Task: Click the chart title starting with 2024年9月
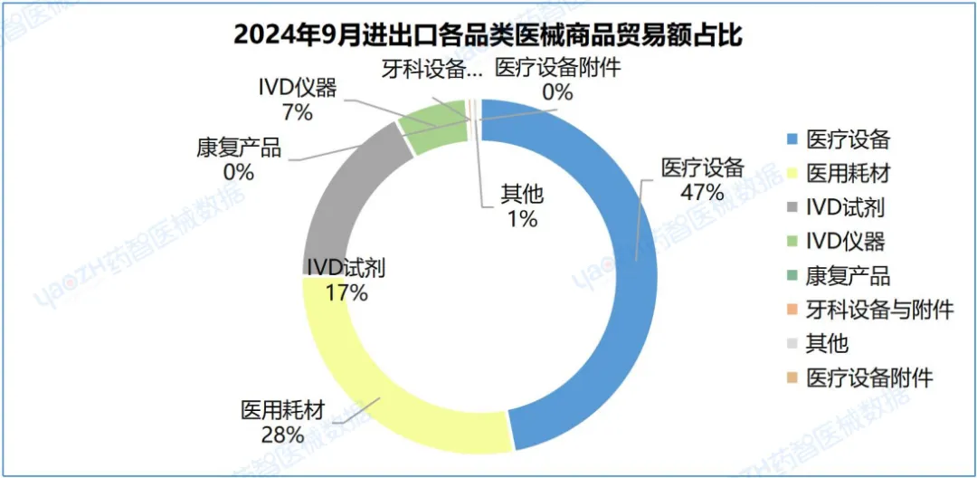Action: pyautogui.click(x=488, y=34)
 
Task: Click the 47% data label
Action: pyautogui.click(x=703, y=192)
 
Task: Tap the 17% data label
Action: pyautogui.click(x=347, y=292)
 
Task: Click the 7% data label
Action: pyautogui.click(x=297, y=112)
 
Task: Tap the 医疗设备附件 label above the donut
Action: pyautogui.click(x=558, y=68)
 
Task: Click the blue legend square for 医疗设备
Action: pyautogui.click(x=791, y=140)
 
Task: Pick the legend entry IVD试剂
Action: pyautogui.click(x=845, y=207)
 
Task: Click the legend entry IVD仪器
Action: pyautogui.click(x=845, y=241)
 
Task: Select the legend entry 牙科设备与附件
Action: pyautogui.click(x=880, y=310)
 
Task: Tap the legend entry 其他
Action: pyautogui.click(x=827, y=343)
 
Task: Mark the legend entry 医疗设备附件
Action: pyautogui.click(x=869, y=378)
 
